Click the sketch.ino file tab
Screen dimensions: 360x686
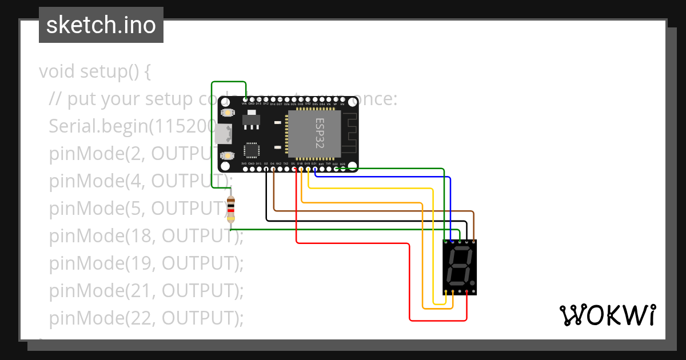(x=101, y=25)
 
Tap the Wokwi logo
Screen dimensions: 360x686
(x=607, y=315)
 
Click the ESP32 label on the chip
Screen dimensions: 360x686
(x=320, y=133)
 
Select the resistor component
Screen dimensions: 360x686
(x=231, y=209)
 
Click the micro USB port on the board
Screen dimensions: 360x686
(x=224, y=134)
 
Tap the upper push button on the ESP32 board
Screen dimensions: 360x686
(x=228, y=113)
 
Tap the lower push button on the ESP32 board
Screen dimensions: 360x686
(x=228, y=155)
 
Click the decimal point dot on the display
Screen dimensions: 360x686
(x=472, y=282)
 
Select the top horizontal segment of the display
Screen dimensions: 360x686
(x=460, y=250)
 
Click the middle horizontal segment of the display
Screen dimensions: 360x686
(x=459, y=266)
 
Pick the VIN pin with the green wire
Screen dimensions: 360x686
(x=245, y=104)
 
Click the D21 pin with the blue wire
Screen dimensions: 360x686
(x=314, y=169)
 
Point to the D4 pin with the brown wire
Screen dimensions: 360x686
(x=273, y=169)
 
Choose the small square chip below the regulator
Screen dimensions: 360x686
(x=252, y=150)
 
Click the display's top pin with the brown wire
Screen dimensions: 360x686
(x=473, y=241)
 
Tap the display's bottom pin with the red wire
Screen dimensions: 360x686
(x=467, y=292)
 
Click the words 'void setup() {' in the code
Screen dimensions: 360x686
(x=95, y=72)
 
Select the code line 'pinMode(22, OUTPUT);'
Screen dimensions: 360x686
(x=146, y=318)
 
